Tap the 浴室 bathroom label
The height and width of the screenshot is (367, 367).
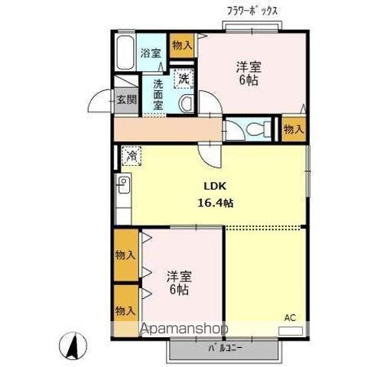[x=151, y=53]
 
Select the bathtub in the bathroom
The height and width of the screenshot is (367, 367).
[x=126, y=53]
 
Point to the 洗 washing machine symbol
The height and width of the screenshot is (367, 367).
[x=184, y=76]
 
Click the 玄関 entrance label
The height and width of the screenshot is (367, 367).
[x=127, y=99]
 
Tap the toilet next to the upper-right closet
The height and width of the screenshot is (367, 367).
[x=252, y=128]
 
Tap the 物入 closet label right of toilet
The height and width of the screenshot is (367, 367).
[x=294, y=130]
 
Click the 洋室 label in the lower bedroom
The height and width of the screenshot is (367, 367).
[x=178, y=276]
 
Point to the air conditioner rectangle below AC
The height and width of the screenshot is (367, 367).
[x=291, y=331]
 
